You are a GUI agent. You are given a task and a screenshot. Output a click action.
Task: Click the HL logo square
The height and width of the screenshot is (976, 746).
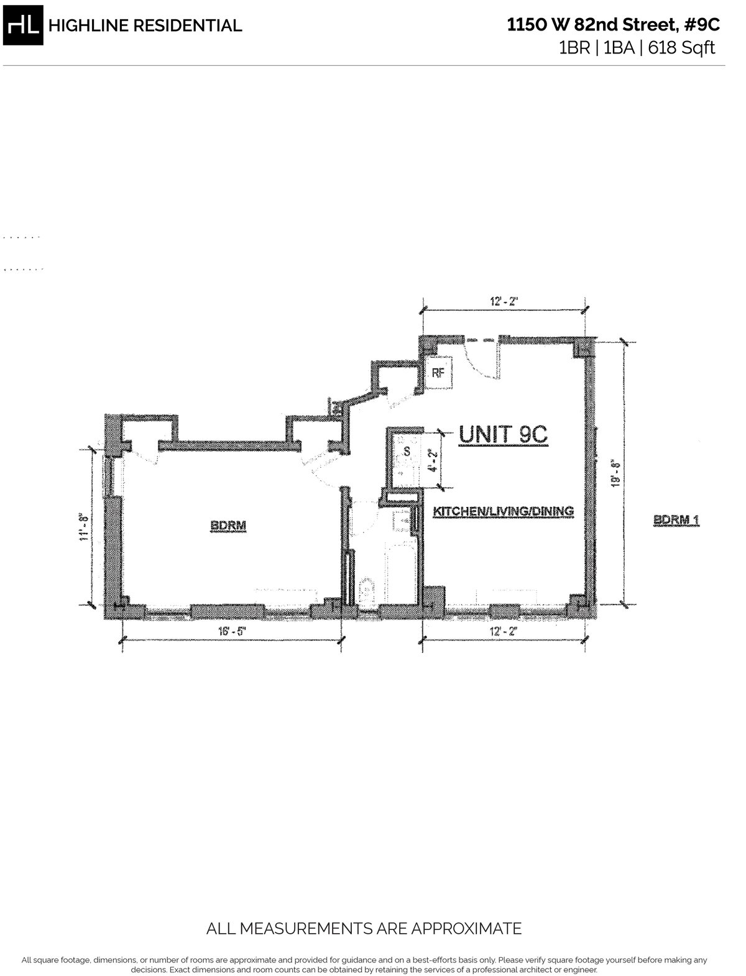coord(25,26)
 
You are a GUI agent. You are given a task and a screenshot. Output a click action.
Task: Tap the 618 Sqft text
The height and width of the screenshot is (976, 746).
coord(682,47)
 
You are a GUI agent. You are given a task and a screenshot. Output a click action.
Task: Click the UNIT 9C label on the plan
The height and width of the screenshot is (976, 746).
coord(503,435)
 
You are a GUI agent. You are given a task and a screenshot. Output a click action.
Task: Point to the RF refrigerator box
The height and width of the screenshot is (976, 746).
coord(438,373)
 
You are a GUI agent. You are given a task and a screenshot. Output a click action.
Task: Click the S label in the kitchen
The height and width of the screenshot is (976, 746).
coord(407,450)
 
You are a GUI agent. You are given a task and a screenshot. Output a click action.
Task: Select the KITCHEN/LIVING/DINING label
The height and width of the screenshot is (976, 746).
coord(503,511)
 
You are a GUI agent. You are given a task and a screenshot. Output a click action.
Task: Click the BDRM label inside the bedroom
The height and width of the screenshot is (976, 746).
coord(228,526)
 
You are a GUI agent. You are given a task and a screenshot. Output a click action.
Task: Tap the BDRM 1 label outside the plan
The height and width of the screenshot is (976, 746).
coord(677,519)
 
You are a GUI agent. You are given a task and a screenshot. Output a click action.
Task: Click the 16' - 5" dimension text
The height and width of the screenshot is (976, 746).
coord(229,631)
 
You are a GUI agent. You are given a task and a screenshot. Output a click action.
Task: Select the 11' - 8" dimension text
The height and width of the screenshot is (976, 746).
coord(85,526)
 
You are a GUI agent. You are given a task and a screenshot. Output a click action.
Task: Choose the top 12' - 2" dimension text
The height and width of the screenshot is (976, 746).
coord(504,301)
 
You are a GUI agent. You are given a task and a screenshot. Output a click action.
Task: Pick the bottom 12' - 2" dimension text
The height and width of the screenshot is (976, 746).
coord(504,631)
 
